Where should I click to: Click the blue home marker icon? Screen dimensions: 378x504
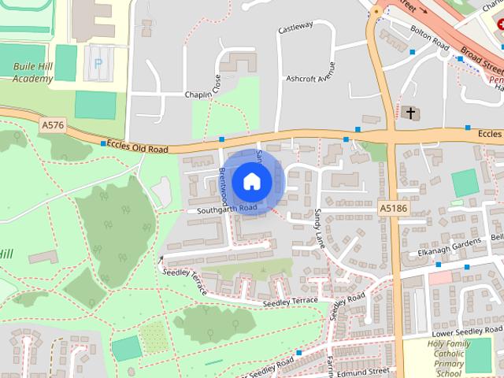[251, 181]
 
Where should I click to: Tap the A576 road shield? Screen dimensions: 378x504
[54, 125]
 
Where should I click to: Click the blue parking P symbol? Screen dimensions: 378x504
[98, 63]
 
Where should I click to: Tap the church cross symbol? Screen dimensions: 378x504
[409, 114]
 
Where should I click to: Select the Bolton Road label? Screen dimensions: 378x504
[428, 35]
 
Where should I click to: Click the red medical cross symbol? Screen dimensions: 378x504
[501, 24]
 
